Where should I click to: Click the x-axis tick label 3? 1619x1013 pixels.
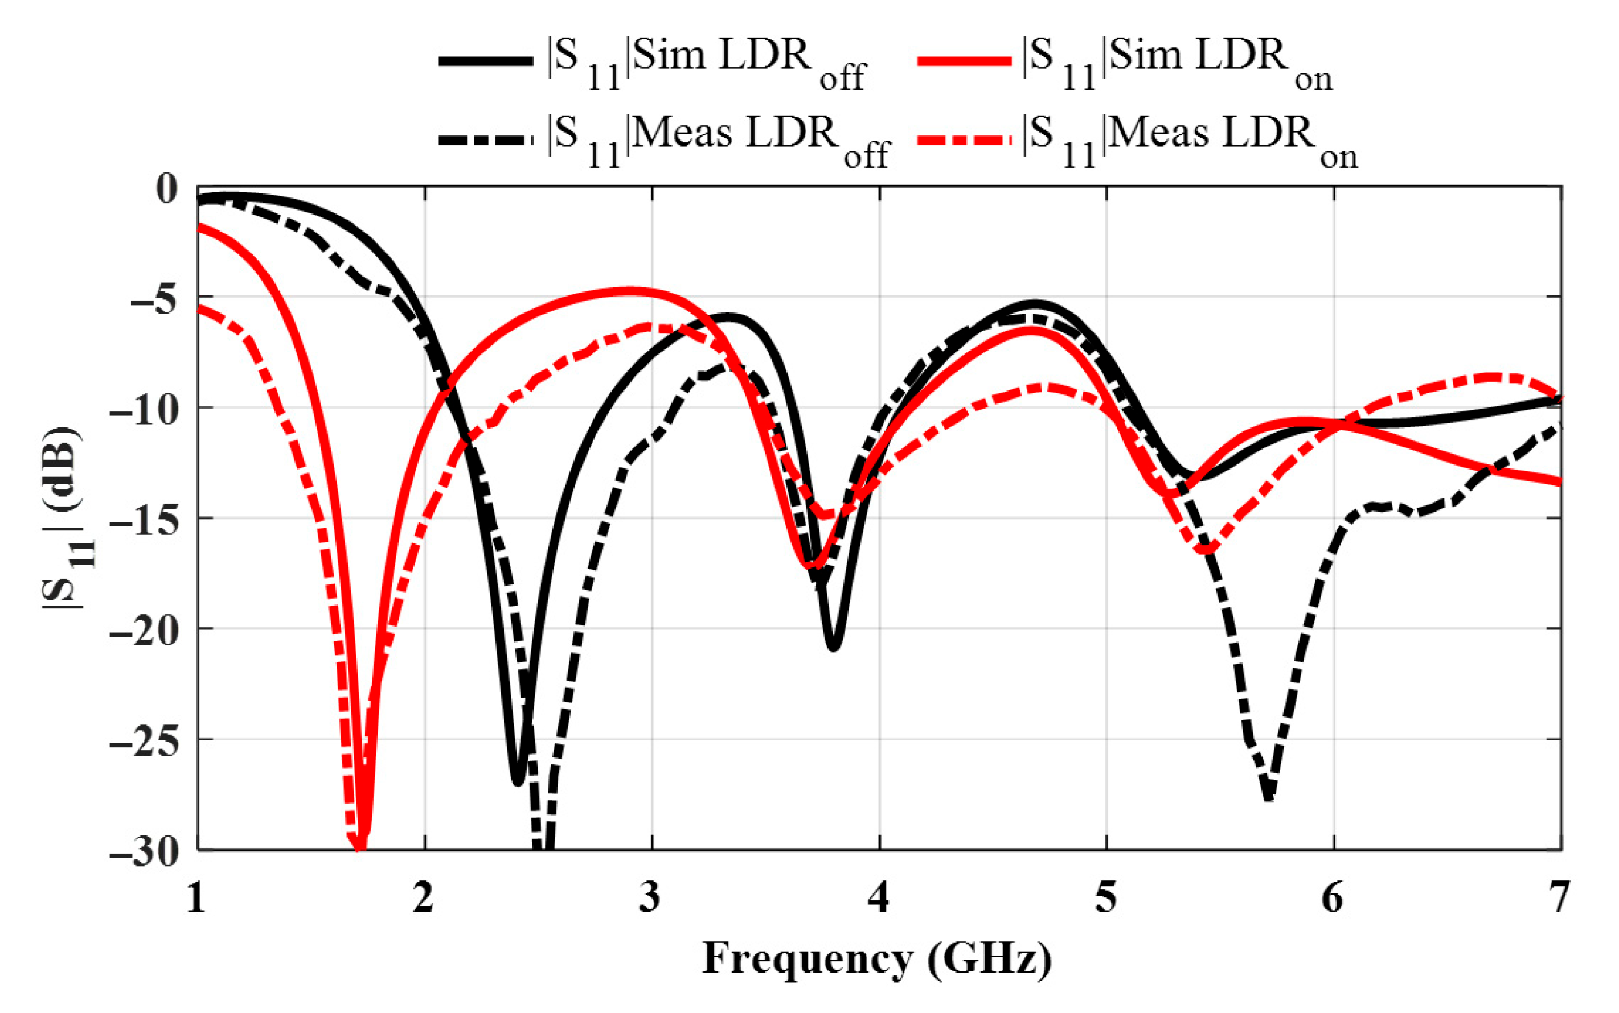tap(650, 898)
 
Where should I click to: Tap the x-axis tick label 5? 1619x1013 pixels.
tap(1105, 898)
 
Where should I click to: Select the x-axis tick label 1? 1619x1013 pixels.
tap(196, 898)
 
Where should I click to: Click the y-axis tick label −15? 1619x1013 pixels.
tap(144, 518)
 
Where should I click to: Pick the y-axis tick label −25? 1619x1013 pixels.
tap(144, 740)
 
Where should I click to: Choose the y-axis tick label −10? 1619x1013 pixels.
tap(144, 408)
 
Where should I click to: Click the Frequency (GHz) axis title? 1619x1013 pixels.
tap(877, 960)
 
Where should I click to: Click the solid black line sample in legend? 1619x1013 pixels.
tap(485, 61)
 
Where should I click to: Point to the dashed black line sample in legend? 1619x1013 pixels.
tap(485, 140)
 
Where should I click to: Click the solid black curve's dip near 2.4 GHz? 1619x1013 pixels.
tap(517, 781)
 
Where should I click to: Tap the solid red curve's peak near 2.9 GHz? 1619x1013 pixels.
tap(630, 291)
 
